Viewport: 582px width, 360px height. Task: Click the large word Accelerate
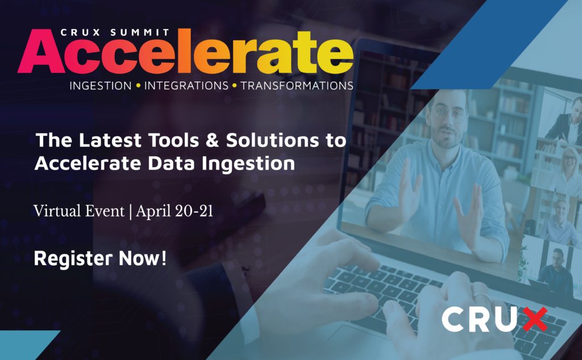pos(186,52)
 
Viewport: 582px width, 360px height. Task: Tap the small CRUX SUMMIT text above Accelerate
pos(115,32)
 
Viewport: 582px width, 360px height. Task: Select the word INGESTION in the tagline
pos(101,86)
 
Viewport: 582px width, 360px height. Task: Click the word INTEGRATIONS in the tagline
pos(186,86)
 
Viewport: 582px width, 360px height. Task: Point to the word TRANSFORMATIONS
pos(297,86)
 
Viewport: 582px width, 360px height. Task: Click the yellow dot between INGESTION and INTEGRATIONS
pos(138,86)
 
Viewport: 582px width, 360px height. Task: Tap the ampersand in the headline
pos(212,140)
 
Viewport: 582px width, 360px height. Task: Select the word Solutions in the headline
pos(272,140)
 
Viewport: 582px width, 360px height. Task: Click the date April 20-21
pos(174,211)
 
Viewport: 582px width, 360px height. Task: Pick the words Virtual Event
pos(79,211)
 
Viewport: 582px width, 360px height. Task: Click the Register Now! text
pos(100,258)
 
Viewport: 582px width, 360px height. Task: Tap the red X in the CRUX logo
pos(535,319)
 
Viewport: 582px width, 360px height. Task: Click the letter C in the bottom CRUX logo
pos(453,319)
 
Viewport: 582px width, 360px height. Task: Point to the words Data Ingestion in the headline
pos(221,164)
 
